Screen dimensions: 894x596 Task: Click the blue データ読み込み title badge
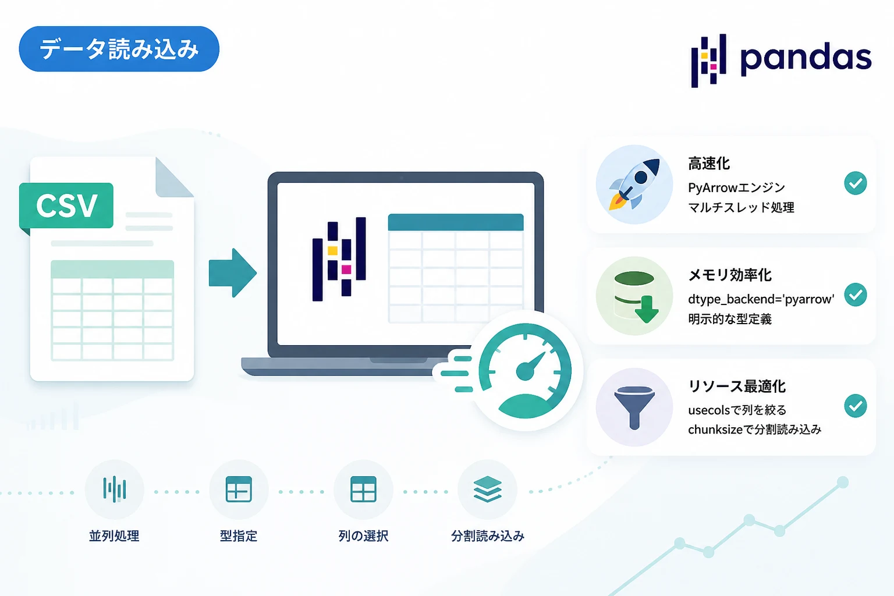pos(119,49)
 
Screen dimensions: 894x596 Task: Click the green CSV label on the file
pos(66,205)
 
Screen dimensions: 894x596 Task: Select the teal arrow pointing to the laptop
pos(233,273)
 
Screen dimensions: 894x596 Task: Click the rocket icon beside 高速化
pos(634,184)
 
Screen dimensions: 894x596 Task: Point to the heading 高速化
pos(709,164)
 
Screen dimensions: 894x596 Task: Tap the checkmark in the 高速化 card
pos(855,183)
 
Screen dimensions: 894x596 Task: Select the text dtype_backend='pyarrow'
pos(761,299)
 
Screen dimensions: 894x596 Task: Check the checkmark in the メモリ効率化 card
pos(855,295)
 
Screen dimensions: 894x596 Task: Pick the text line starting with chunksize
pos(755,430)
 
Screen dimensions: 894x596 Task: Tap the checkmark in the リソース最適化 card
pos(855,406)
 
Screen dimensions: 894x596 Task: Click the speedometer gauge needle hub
pos(525,371)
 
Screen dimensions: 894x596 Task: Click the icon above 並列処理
pos(115,489)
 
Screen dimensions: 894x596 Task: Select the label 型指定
pos(238,535)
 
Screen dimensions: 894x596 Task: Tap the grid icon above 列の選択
pos(363,489)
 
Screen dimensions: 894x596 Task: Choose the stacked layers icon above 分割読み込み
pos(487,489)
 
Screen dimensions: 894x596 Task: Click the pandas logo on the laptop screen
pos(339,259)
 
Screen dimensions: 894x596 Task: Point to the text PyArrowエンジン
pos(736,187)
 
